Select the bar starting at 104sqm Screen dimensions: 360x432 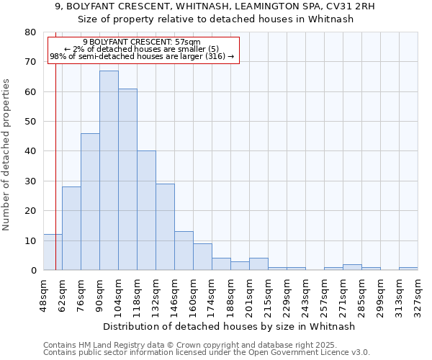[x=127, y=179]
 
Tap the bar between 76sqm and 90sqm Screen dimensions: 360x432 [x=90, y=202]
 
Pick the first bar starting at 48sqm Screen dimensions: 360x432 [x=53, y=252]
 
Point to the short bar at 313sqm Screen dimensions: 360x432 [x=408, y=269]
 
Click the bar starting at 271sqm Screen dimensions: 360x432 [x=352, y=267]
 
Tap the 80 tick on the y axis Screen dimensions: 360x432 [x=30, y=32]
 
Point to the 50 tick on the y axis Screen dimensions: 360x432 [x=30, y=122]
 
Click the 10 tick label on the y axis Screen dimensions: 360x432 [x=30, y=240]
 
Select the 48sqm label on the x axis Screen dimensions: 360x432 [x=44, y=296]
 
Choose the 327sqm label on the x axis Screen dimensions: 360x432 [x=418, y=296]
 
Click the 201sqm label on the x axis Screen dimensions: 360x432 [x=250, y=296]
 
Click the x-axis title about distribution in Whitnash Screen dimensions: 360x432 [x=229, y=326]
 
